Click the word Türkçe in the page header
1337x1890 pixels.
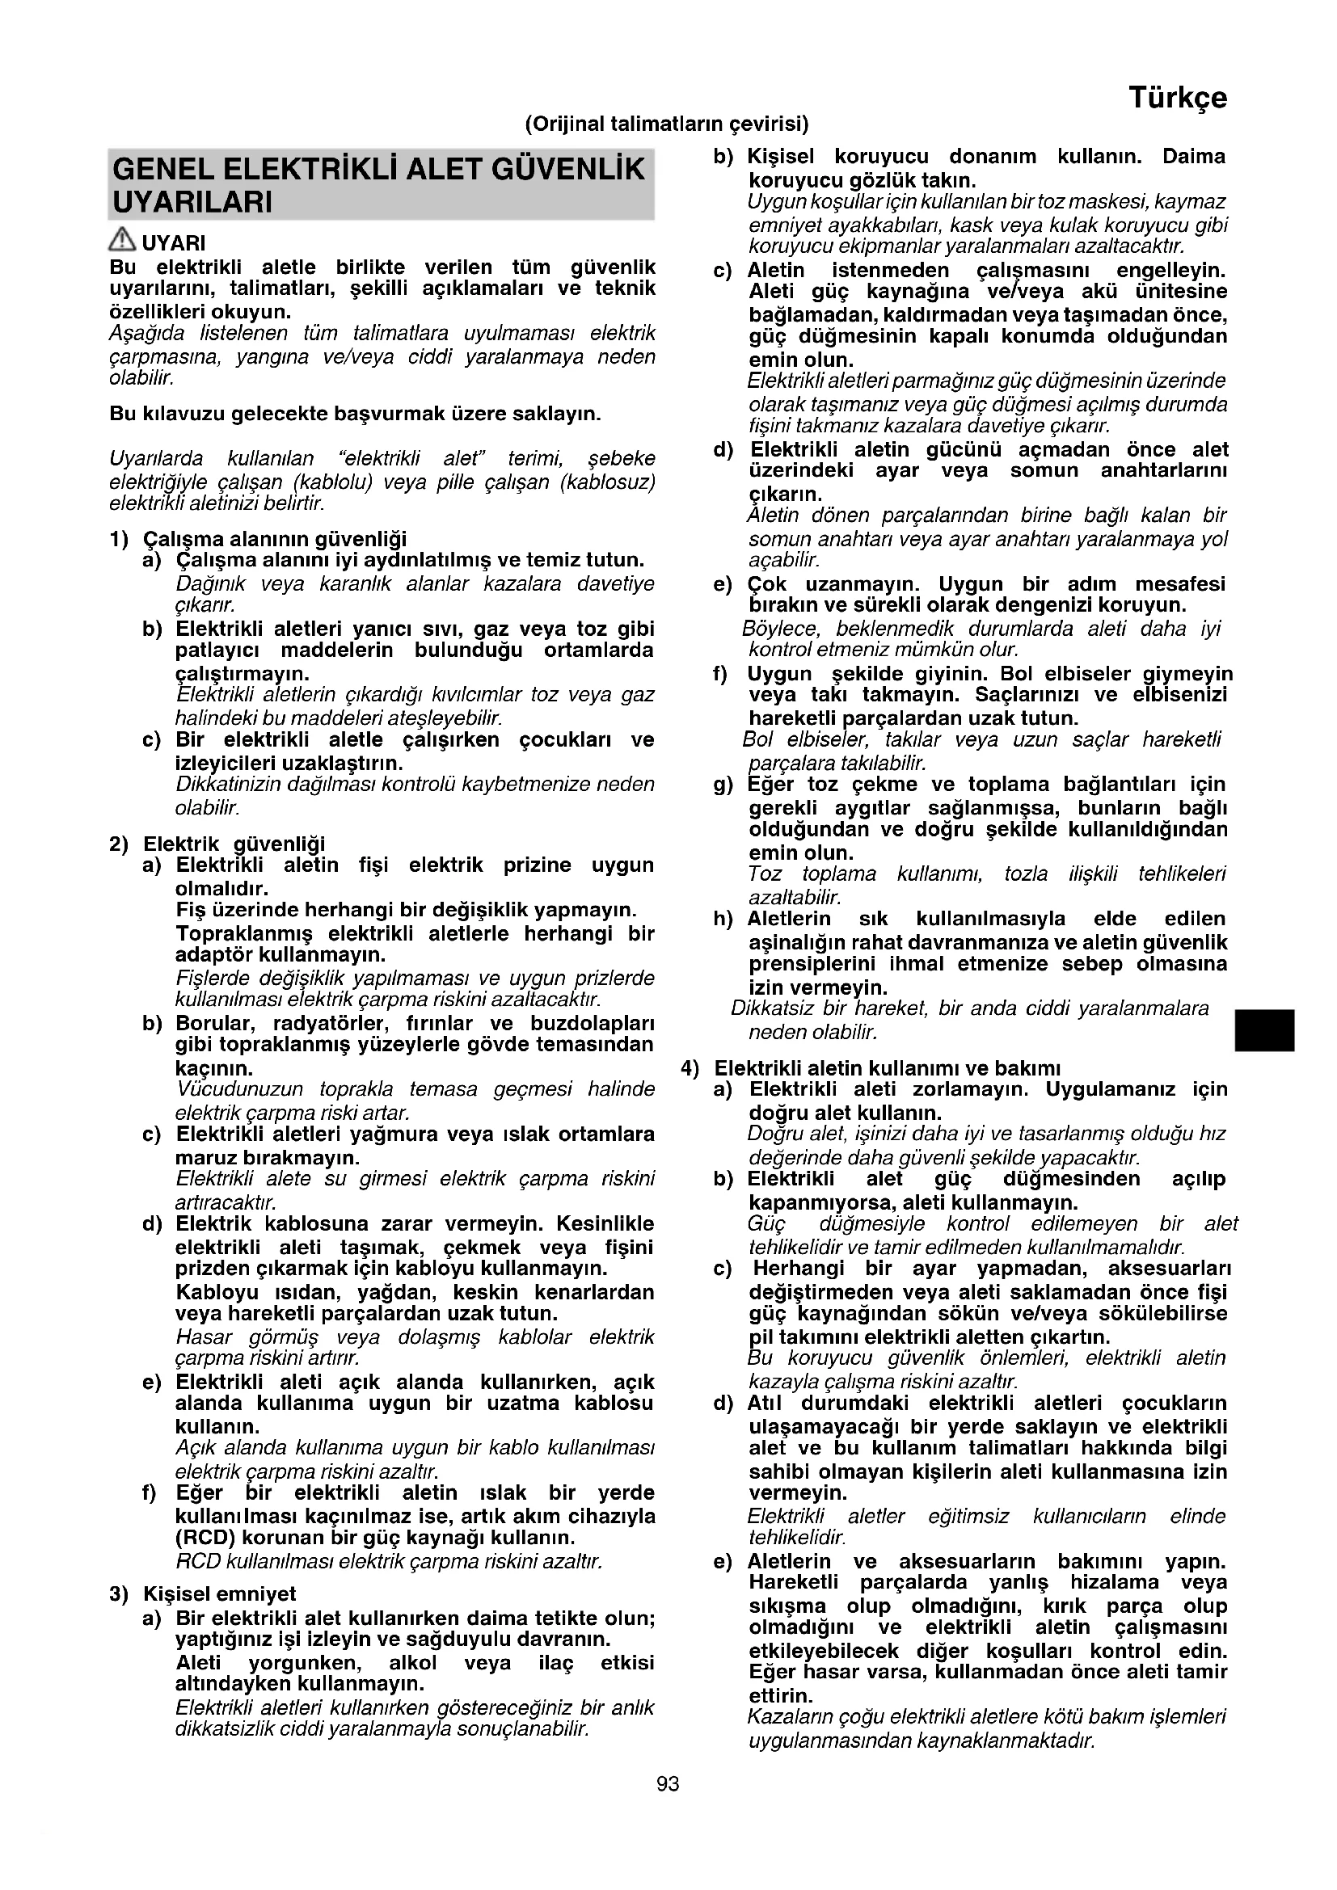1177,97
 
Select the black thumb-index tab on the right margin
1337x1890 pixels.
1265,1031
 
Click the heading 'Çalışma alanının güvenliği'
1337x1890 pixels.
275,539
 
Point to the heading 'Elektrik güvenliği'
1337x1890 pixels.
234,844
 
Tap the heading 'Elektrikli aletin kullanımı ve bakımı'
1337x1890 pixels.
887,1068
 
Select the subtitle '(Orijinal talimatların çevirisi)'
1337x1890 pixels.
667,124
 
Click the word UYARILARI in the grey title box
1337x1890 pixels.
192,203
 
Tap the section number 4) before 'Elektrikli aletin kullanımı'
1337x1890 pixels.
690,1068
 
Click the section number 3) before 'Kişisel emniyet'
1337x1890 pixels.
119,1593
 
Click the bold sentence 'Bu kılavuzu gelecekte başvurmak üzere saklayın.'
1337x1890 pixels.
355,413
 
